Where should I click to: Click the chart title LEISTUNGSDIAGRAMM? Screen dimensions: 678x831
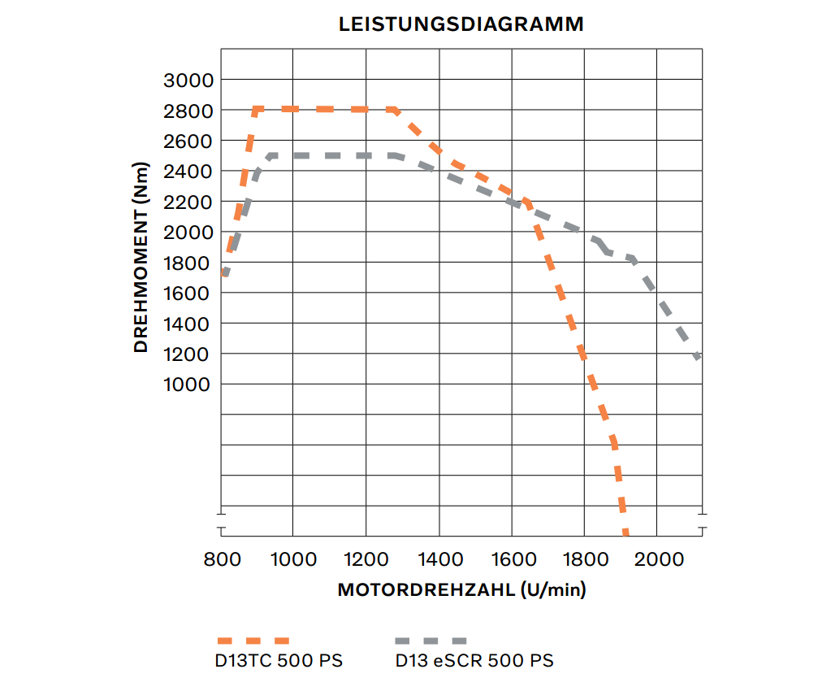(461, 24)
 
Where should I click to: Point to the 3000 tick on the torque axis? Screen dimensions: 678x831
(188, 80)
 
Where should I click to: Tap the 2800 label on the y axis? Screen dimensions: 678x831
(188, 111)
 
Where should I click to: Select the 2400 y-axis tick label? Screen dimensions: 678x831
(188, 172)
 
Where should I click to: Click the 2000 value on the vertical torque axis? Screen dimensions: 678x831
(188, 233)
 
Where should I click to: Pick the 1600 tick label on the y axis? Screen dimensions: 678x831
(188, 293)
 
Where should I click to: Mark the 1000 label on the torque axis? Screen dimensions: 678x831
(188, 385)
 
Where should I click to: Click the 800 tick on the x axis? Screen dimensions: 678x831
(221, 559)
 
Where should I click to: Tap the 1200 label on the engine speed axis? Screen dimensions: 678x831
(366, 559)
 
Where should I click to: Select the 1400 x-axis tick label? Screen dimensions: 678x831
(439, 559)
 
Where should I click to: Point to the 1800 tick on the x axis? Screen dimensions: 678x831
(585, 559)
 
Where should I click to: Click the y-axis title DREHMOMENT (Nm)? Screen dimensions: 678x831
(141, 257)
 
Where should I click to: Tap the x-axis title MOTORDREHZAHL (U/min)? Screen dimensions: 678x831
(461, 590)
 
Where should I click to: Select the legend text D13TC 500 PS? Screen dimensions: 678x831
(279, 660)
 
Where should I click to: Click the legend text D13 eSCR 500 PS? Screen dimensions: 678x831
(474, 660)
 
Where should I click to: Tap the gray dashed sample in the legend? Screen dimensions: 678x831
(431, 641)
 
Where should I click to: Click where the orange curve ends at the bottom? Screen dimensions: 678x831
(625, 533)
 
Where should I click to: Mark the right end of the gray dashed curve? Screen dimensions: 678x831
(698, 356)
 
